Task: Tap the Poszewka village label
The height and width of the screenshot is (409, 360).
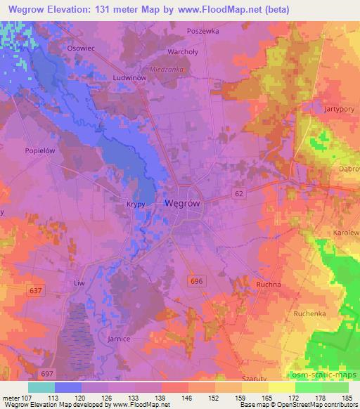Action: pyautogui.click(x=203, y=32)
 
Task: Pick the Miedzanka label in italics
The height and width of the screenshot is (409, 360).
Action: pyautogui.click(x=167, y=69)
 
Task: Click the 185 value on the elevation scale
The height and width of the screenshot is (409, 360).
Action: pyautogui.click(x=347, y=397)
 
